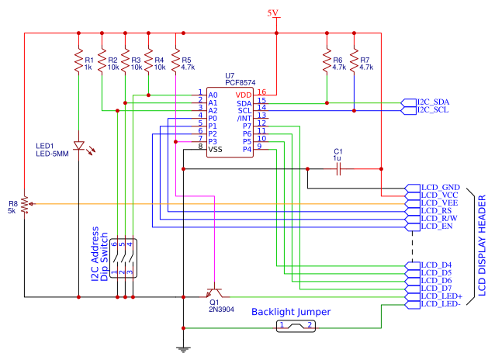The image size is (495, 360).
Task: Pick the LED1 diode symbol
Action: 78,146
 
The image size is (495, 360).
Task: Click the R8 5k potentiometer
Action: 25,204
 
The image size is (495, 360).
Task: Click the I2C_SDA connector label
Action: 433,102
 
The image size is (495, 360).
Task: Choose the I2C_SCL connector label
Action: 433,110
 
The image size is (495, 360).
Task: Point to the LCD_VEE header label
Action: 438,202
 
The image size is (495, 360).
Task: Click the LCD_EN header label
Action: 437,227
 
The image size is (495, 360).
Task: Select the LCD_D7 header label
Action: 436,289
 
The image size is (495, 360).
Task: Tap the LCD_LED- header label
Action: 441,304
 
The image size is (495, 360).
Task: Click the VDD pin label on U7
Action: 244,94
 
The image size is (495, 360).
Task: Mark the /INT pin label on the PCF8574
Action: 244,117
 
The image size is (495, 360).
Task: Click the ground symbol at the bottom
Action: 183,348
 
